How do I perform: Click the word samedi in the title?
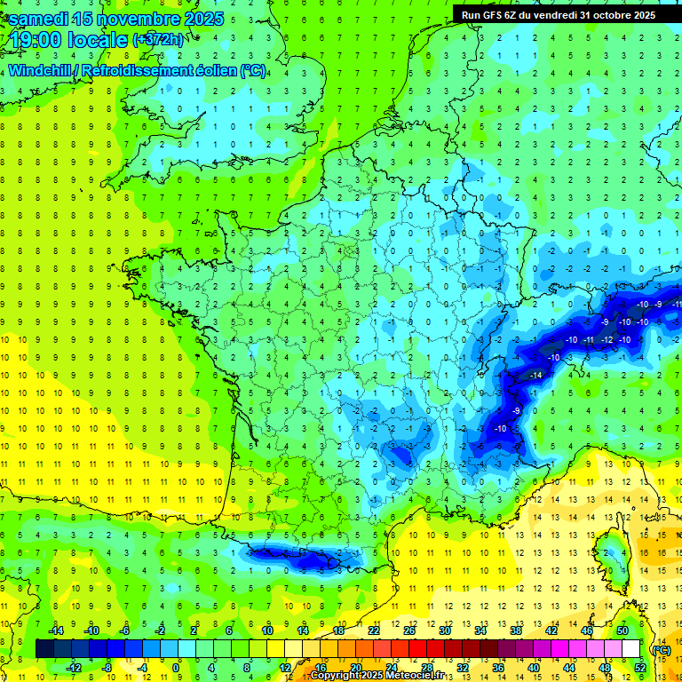(x=39, y=19)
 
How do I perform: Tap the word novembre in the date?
(x=133, y=19)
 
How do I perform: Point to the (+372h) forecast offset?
(x=157, y=40)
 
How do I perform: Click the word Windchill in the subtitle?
(x=40, y=71)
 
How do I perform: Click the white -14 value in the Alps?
(x=535, y=377)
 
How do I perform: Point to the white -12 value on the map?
(x=608, y=340)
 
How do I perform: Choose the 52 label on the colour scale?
(x=639, y=668)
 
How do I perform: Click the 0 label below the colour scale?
(x=175, y=668)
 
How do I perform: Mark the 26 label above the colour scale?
(x=410, y=630)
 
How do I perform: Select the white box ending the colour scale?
(x=630, y=649)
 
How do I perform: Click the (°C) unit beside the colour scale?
(x=660, y=649)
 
